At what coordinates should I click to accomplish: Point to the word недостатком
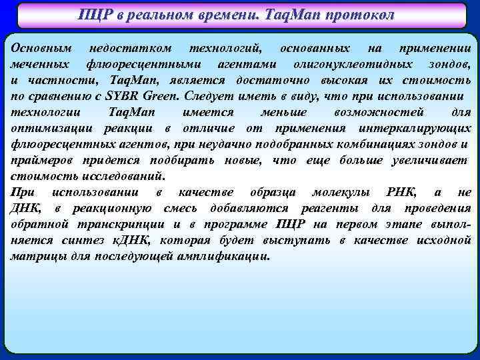(x=130, y=49)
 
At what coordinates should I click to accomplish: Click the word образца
(x=266, y=193)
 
